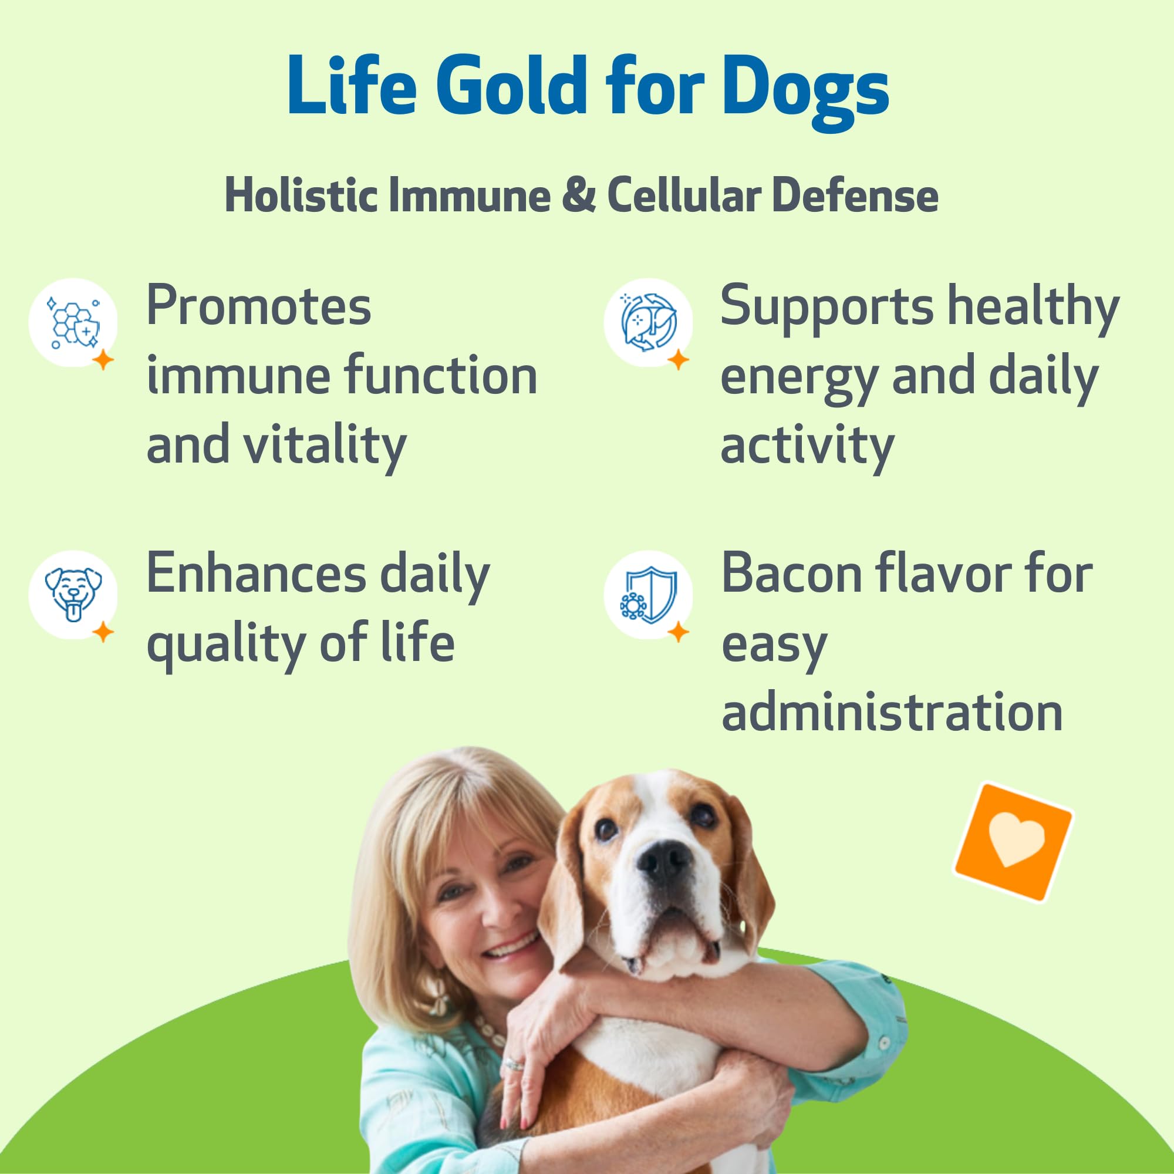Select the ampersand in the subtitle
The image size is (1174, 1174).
[x=579, y=195]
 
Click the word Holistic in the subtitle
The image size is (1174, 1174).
[x=300, y=195]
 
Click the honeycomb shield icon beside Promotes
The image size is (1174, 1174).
[x=72, y=323]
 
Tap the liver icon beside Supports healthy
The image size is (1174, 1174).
[x=648, y=323]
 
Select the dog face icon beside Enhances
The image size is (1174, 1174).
[x=72, y=595]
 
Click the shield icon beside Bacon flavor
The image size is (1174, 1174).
[x=648, y=595]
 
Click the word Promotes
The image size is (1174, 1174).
[x=258, y=306]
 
